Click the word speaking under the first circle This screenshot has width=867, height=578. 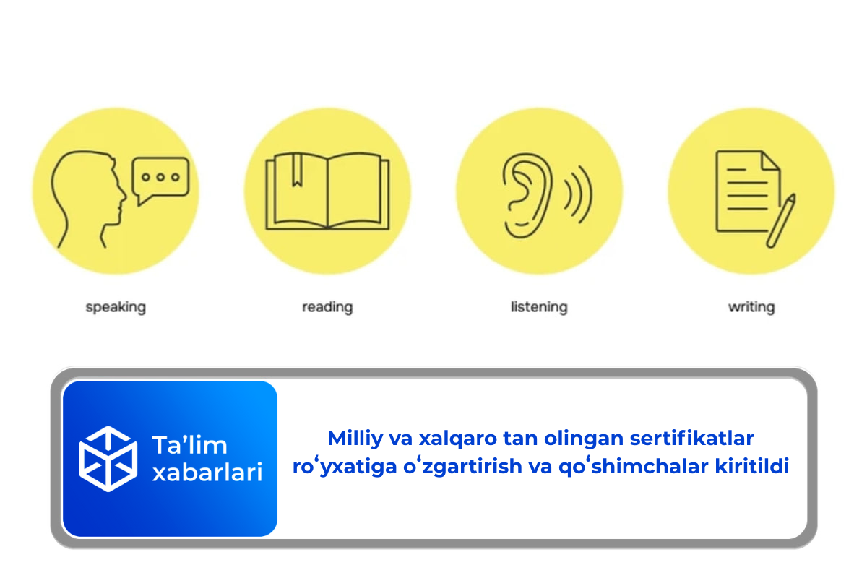pos(116,307)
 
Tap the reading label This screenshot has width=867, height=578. pos(327,307)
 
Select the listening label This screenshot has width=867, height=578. pos(539,307)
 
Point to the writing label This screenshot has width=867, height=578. pos(751,307)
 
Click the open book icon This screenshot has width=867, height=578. pos(327,191)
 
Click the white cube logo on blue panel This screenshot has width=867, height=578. pos(108,459)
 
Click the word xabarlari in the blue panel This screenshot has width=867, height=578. pos(207,473)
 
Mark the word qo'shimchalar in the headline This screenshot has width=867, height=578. pos(628,467)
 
